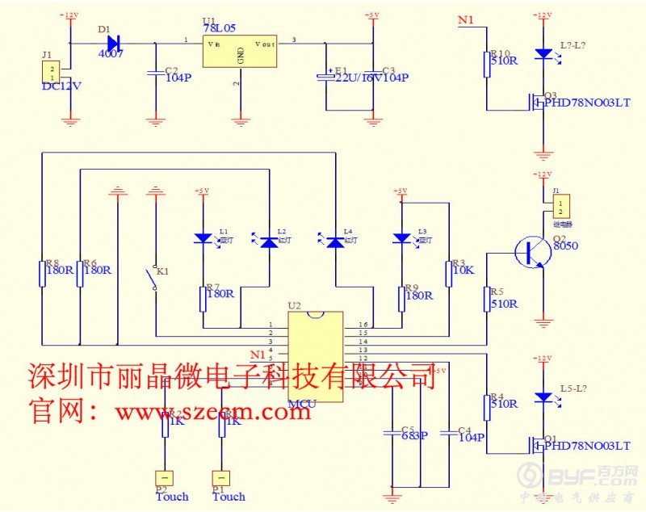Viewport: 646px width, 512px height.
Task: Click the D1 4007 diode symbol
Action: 112,43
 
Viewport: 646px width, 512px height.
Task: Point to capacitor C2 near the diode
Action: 154,73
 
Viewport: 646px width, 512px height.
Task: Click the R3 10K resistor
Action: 449,273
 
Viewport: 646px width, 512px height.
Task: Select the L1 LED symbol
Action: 202,238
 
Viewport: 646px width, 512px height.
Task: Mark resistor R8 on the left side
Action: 41,273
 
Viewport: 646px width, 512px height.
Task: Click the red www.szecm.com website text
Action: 212,412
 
